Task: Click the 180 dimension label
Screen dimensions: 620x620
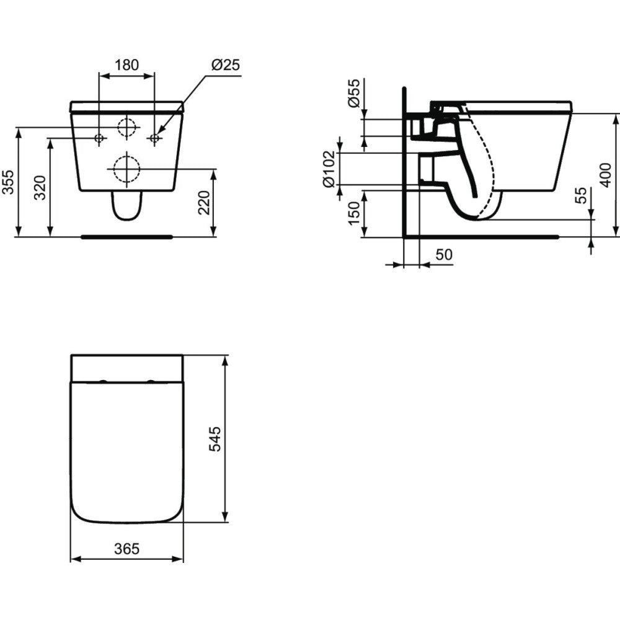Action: click(126, 65)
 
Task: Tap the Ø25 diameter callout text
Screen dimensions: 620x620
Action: click(226, 65)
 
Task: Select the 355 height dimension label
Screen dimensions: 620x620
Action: click(9, 182)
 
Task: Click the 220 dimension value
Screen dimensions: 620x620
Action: click(204, 202)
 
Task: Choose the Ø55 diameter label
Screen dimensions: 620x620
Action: click(354, 93)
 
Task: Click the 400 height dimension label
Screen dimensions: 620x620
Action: click(605, 175)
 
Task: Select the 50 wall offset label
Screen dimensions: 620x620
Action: click(444, 254)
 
